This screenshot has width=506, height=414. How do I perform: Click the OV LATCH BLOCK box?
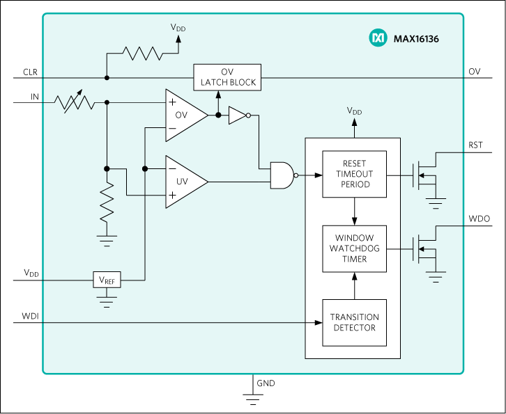tap(228, 77)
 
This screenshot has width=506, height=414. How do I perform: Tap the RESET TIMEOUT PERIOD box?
tap(354, 174)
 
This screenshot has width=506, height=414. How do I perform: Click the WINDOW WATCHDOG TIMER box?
tap(354, 248)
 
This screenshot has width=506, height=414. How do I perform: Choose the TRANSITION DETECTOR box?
tap(354, 322)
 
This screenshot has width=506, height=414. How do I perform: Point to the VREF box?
tap(107, 280)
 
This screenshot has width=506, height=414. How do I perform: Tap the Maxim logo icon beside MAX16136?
tap(377, 38)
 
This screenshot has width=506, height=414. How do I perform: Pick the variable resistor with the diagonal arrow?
tap(75, 102)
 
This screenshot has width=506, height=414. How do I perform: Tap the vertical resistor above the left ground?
tap(107, 202)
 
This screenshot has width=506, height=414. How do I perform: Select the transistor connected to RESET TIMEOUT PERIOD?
tap(423, 175)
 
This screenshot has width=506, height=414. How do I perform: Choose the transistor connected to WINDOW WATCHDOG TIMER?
tap(423, 249)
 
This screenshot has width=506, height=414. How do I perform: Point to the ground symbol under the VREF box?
tap(107, 301)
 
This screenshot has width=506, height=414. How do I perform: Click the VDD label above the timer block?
tap(354, 111)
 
